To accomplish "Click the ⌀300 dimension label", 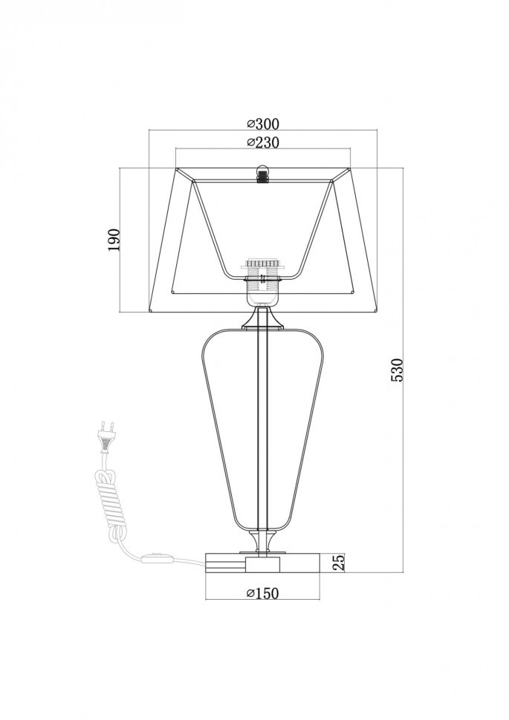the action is tap(262, 124).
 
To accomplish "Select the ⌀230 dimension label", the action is tap(262, 143).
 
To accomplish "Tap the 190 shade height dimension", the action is tap(114, 239).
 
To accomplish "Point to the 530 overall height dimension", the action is tap(396, 370).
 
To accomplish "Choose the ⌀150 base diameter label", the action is tap(262, 593).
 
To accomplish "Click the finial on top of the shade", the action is tap(262, 174).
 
